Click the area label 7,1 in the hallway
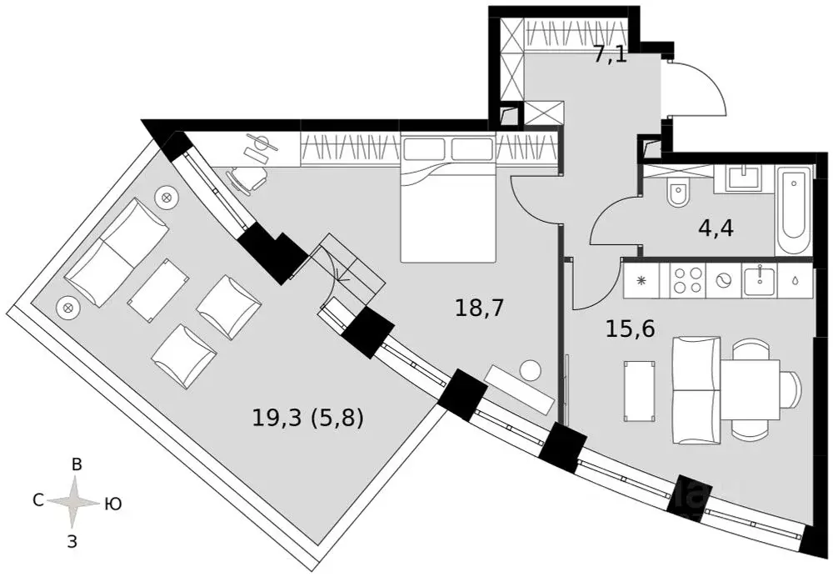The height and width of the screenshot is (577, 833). [610, 57]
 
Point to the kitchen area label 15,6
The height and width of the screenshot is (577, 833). [631, 329]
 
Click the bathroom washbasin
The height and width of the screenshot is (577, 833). [743, 178]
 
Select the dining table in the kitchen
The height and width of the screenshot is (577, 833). [750, 389]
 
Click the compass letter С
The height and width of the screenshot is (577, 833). [37, 500]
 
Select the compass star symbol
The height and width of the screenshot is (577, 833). [75, 502]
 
